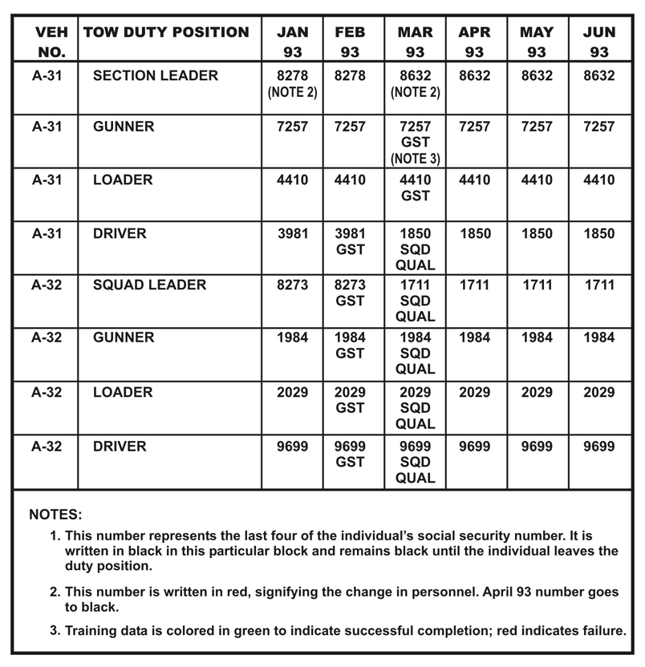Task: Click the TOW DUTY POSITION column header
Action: tap(166, 33)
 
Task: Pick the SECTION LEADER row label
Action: tap(155, 75)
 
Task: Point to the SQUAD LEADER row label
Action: tap(149, 285)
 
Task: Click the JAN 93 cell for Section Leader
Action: tap(292, 83)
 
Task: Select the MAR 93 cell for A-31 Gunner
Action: tap(415, 142)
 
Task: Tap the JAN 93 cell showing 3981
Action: tap(292, 233)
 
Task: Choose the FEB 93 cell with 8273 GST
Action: tap(350, 293)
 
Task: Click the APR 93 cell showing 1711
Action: tap(474, 285)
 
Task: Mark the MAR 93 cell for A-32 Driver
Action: tap(415, 462)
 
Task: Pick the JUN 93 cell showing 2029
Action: tap(598, 392)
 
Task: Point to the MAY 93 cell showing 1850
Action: tap(537, 233)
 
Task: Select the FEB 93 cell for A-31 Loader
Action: tap(350, 180)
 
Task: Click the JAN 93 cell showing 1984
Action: tap(292, 338)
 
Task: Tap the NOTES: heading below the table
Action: tap(55, 514)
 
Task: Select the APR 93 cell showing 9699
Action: tap(474, 446)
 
